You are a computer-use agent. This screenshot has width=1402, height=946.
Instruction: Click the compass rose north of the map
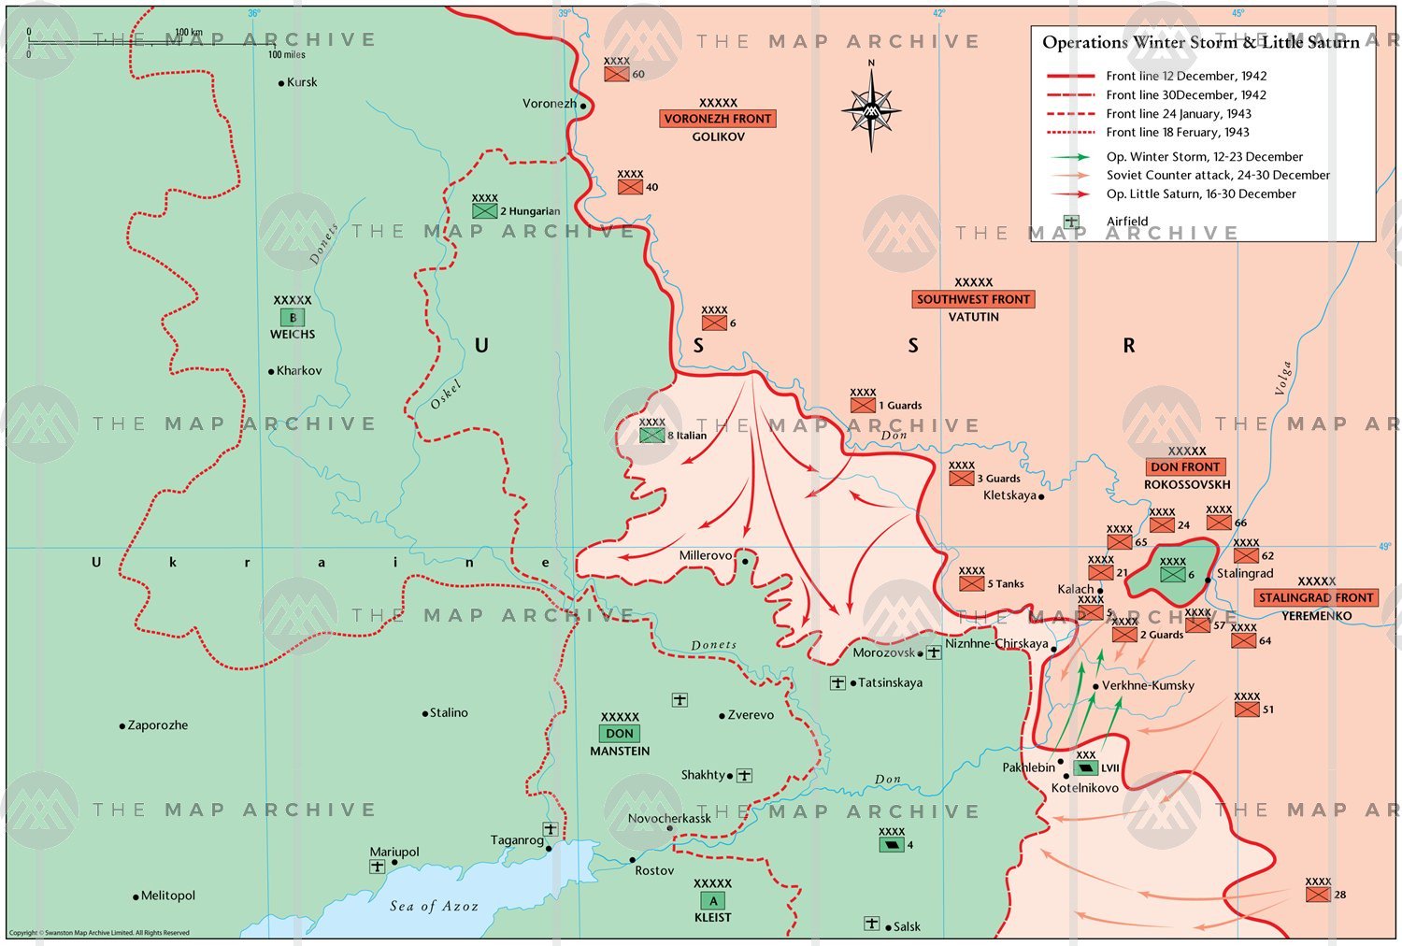[x=871, y=110]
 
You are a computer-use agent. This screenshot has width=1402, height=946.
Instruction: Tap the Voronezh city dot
[x=583, y=106]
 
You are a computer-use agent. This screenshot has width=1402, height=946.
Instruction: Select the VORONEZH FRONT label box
[x=718, y=119]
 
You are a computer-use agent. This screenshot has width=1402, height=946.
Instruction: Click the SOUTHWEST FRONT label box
[x=973, y=299]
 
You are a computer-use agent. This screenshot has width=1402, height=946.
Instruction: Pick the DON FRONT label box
[x=1185, y=466]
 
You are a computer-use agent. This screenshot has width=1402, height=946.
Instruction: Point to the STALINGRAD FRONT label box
[x=1316, y=597]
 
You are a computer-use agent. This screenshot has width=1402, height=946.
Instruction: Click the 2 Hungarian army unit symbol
[x=484, y=211]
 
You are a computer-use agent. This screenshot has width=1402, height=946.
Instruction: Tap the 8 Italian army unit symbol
[x=651, y=436]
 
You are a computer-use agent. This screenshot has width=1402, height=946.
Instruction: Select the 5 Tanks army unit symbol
[x=971, y=583]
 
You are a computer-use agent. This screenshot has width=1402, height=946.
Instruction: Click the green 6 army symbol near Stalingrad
[x=1172, y=575]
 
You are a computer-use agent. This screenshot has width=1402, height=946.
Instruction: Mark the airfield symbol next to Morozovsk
[x=933, y=652]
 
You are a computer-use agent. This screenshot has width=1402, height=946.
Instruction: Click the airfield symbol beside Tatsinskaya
[x=837, y=683]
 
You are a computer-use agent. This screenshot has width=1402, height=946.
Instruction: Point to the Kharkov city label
[x=298, y=371]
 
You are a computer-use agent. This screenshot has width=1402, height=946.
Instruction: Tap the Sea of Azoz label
[x=434, y=906]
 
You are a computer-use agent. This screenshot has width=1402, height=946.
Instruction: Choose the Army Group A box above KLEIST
[x=712, y=901]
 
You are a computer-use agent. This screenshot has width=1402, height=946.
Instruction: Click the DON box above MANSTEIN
[x=620, y=734]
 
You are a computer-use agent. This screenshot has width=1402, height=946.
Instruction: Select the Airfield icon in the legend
[x=1071, y=222]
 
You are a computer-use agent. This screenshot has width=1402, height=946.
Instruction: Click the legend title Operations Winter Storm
[x=1200, y=42]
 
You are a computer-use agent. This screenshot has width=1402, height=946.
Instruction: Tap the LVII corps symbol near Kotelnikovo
[x=1085, y=767]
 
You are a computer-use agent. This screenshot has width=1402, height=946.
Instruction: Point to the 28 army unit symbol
[x=1317, y=895]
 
